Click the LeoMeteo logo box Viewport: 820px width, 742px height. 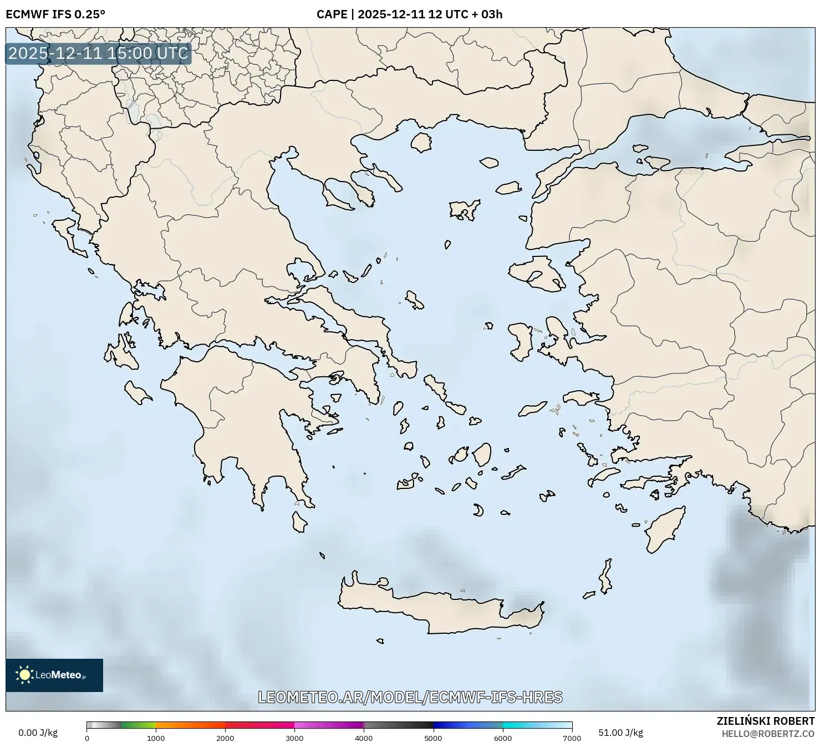(54, 675)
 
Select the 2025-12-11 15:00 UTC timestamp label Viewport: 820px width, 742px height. (98, 54)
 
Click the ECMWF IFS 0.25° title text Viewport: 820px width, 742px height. (55, 14)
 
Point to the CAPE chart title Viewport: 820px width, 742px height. (409, 14)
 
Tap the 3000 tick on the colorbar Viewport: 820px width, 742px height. (294, 738)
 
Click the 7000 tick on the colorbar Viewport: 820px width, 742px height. (572, 738)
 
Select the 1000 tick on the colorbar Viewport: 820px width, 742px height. (156, 738)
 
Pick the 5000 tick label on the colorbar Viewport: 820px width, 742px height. (433, 738)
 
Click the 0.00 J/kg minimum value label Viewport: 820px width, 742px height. (38, 733)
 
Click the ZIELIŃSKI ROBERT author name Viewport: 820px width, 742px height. (766, 721)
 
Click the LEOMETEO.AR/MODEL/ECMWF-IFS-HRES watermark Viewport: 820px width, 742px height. (410, 697)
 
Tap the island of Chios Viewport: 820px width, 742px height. (520, 342)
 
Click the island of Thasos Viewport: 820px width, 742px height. (421, 142)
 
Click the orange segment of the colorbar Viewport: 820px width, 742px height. (190, 725)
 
